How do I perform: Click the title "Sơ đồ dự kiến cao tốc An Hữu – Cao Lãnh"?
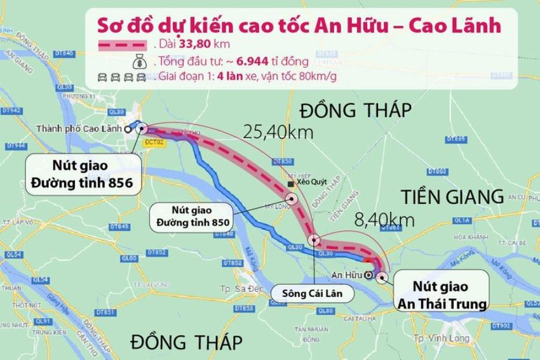coord(297,25)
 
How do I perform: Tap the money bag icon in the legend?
coord(138,62)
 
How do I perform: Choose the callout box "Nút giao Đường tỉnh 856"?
coord(83,173)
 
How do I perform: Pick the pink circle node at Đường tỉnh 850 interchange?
coord(292,198)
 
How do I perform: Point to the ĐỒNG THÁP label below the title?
coord(356,110)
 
